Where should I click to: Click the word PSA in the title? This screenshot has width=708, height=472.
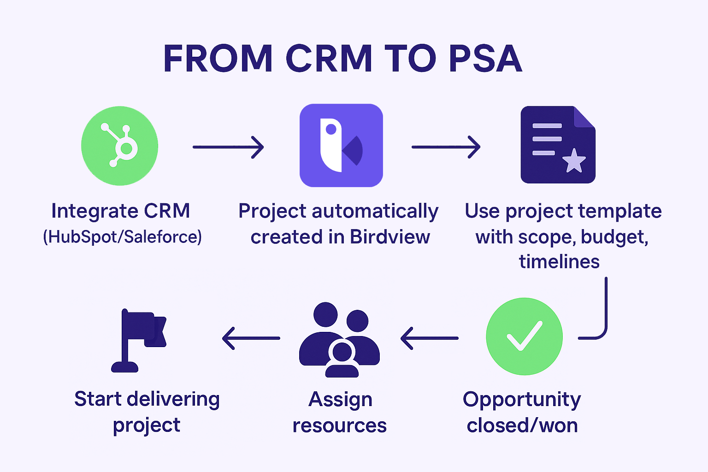[x=485, y=59]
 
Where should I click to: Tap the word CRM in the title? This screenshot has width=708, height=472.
[x=329, y=59]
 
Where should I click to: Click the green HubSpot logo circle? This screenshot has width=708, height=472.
[x=119, y=146]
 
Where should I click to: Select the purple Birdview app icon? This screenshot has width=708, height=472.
[x=342, y=145]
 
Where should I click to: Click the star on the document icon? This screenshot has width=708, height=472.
[x=574, y=161]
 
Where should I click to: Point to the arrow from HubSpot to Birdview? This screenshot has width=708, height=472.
[x=228, y=147]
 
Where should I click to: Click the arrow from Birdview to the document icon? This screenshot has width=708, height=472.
[x=446, y=147]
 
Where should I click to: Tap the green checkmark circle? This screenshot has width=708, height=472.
[x=525, y=336]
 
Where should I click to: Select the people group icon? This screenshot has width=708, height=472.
[x=339, y=340]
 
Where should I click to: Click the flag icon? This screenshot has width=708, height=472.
[x=138, y=341]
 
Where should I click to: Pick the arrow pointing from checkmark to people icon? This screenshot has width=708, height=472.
[x=429, y=338]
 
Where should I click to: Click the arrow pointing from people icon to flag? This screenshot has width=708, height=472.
[x=251, y=338]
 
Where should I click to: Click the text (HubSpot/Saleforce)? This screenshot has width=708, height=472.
[x=122, y=237]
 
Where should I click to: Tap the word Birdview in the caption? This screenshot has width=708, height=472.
[x=390, y=237]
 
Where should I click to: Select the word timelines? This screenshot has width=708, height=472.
[x=559, y=262]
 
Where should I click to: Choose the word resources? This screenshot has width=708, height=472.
[x=339, y=425]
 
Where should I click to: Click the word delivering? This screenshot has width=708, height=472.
[x=173, y=400]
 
